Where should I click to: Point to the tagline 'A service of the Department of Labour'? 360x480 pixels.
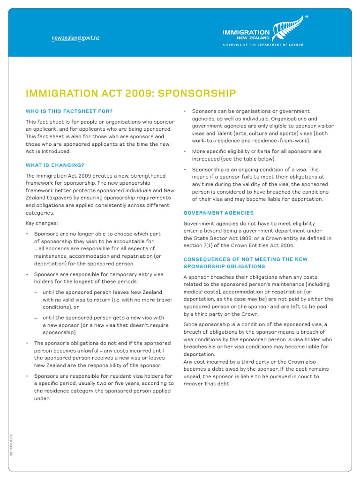(262, 45)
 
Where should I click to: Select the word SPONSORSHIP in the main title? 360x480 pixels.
(197, 94)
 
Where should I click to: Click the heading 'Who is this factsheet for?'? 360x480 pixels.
(69, 111)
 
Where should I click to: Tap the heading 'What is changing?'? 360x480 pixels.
(55, 165)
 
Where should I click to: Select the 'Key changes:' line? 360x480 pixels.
(42, 223)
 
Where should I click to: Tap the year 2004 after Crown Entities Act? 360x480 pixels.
(285, 246)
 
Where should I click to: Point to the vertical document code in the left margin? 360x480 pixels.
(12, 445)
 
